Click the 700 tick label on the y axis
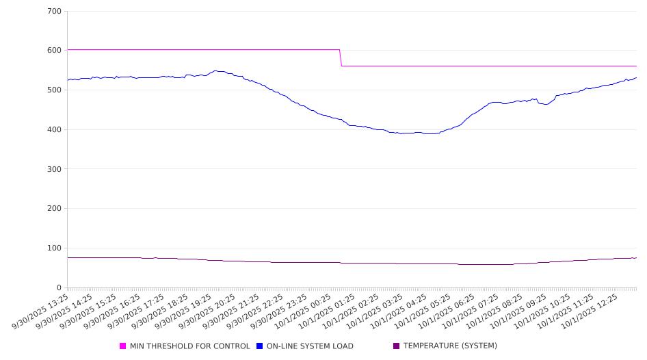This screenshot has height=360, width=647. click(54, 12)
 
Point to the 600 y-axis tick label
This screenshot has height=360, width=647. click(54, 51)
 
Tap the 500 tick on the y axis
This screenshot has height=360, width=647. click(54, 90)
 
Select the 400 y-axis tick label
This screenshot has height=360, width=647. click(54, 130)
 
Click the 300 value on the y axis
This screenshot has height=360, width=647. click(54, 169)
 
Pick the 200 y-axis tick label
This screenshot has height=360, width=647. click(54, 209)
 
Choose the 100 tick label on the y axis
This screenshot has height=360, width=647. click(54, 248)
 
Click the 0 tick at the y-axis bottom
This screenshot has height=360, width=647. click(59, 287)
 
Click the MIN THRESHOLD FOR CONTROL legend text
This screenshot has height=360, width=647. click(189, 346)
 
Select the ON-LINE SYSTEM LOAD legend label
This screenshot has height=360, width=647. click(310, 346)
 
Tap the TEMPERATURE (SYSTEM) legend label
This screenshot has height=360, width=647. click(450, 346)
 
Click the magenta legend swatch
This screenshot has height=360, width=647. click(123, 346)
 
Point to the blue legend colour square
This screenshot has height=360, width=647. click(260, 346)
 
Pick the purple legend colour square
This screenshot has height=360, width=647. click(397, 346)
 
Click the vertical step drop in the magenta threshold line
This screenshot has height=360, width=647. click(341, 58)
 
